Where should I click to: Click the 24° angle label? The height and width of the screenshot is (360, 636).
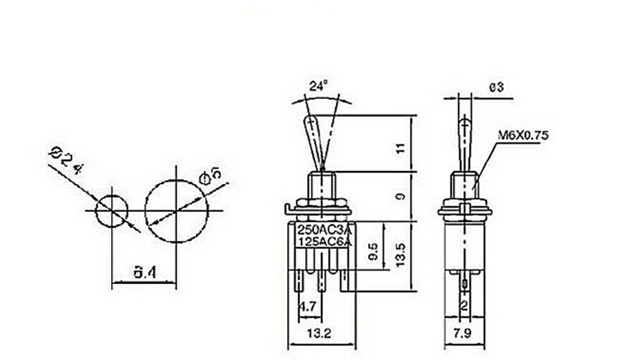pyautogui.click(x=318, y=85)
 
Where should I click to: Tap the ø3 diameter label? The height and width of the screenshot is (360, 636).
pyautogui.click(x=497, y=87)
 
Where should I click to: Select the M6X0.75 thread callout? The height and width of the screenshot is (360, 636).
pyautogui.click(x=521, y=135)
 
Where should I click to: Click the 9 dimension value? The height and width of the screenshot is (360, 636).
pyautogui.click(x=400, y=195)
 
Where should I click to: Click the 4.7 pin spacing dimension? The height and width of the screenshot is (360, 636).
pyautogui.click(x=309, y=308)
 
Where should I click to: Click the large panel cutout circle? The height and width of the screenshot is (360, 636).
pyautogui.click(x=176, y=210)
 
